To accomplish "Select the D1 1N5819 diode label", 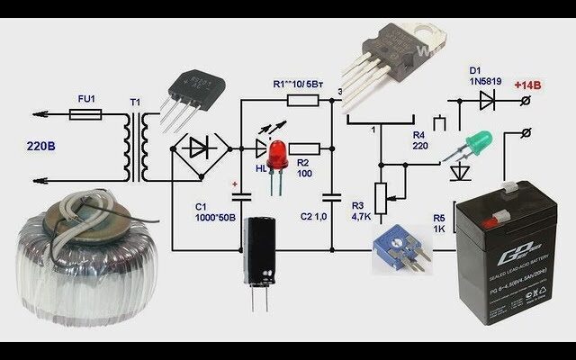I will (486, 74).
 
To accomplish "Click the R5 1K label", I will (439, 224).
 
